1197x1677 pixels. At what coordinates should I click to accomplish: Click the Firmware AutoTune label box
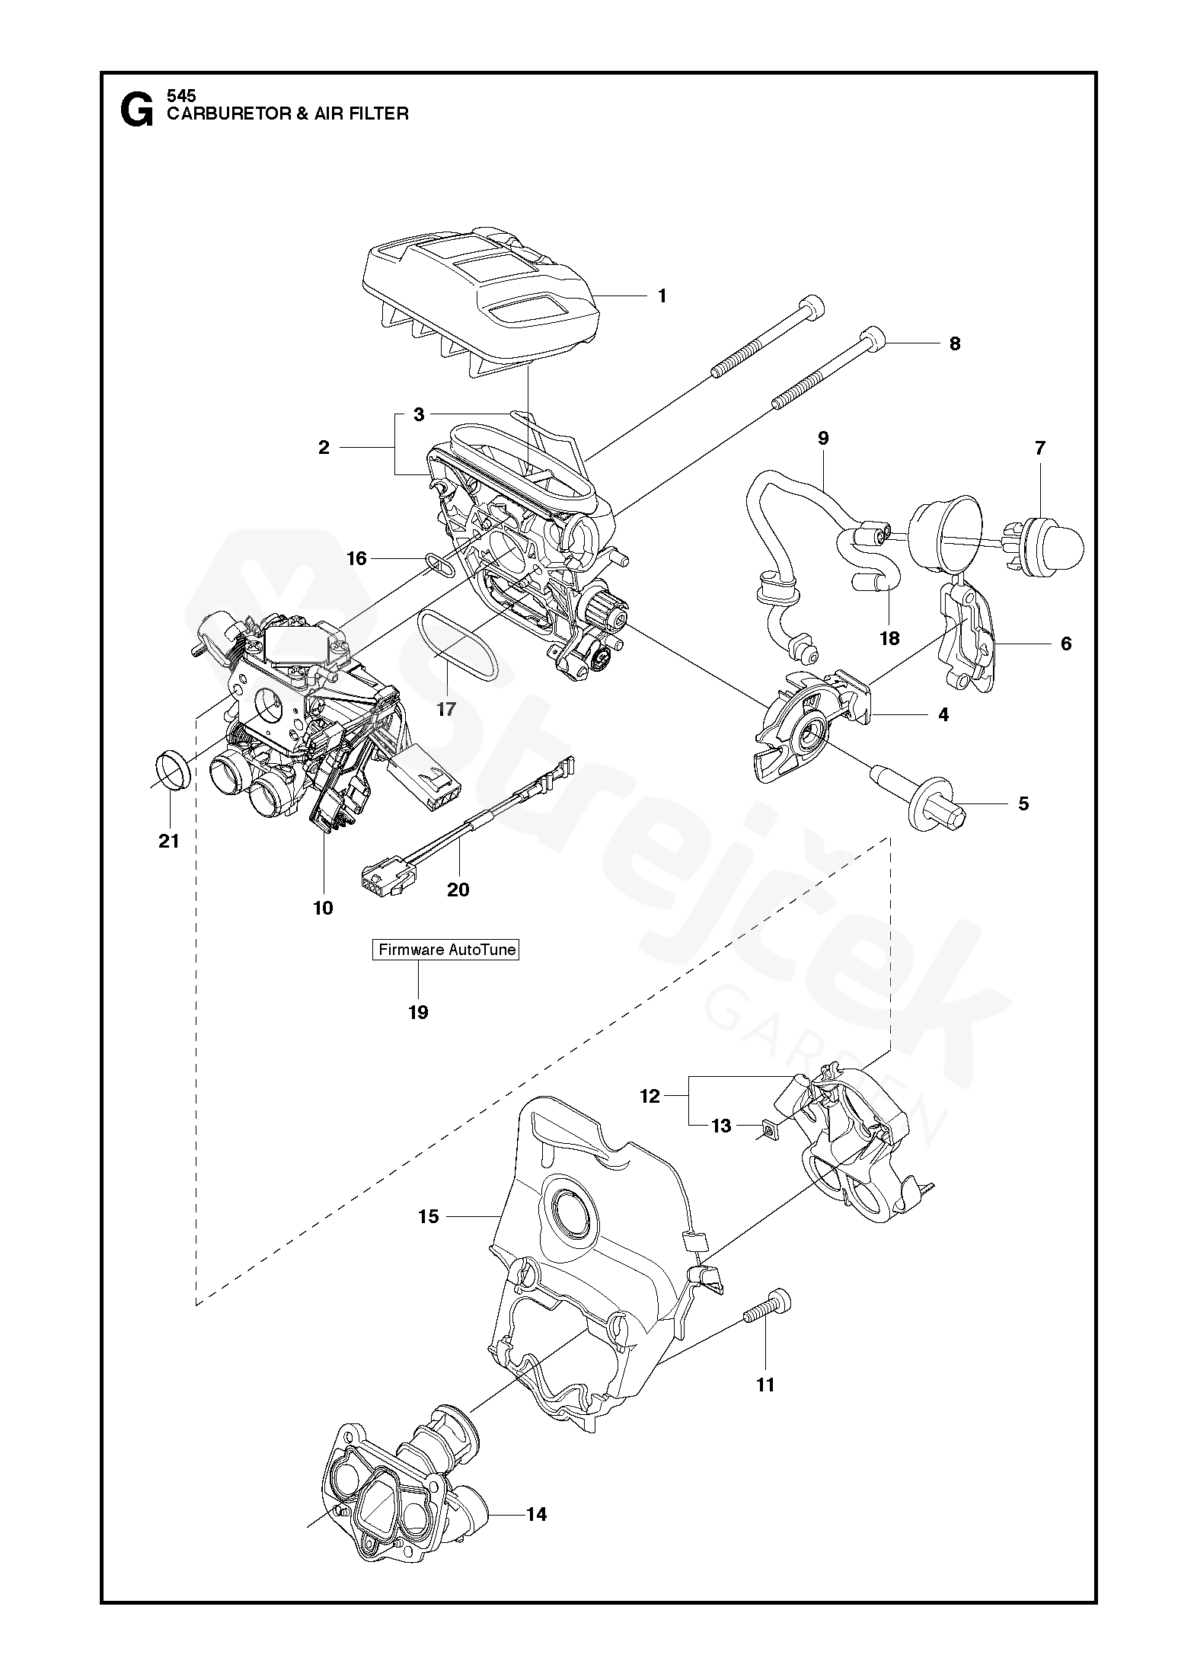point(445,950)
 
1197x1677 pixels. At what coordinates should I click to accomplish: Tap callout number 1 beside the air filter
point(662,295)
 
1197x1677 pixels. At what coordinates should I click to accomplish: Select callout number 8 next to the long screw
point(954,343)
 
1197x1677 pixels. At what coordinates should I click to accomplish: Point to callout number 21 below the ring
point(168,841)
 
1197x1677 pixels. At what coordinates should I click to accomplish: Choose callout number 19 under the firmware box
point(418,1012)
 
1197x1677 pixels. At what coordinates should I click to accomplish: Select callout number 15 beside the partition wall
point(428,1216)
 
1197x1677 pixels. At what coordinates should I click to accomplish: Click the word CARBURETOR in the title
point(225,114)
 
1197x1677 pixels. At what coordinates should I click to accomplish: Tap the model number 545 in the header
point(181,97)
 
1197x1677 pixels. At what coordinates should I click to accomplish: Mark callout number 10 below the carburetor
point(323,908)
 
